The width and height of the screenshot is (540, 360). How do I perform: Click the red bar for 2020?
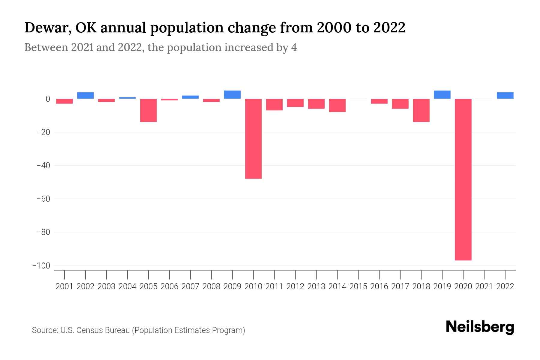coord(463,179)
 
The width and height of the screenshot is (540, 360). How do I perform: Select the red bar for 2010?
coord(253,139)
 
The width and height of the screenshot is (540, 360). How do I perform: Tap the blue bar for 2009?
coord(232,94)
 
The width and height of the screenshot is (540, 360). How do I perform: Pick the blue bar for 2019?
coord(442,94)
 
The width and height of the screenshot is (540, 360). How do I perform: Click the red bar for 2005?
coord(148,110)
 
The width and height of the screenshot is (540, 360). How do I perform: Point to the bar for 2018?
coord(421,110)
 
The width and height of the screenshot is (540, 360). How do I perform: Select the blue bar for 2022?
coord(505,95)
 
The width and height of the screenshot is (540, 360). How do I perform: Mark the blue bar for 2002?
coord(85,95)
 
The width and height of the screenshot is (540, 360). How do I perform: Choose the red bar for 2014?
coord(337,105)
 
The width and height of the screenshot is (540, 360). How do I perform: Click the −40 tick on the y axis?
coord(43,166)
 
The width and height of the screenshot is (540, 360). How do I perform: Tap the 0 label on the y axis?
coord(48,99)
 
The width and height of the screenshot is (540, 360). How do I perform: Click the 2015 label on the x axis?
coord(358,286)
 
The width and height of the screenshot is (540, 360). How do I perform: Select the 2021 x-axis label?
coord(484,286)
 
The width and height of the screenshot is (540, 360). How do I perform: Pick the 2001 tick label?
coord(64,286)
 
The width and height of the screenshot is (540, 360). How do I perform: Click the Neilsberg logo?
coord(480,327)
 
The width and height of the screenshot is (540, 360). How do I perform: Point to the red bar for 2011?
coord(274,104)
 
